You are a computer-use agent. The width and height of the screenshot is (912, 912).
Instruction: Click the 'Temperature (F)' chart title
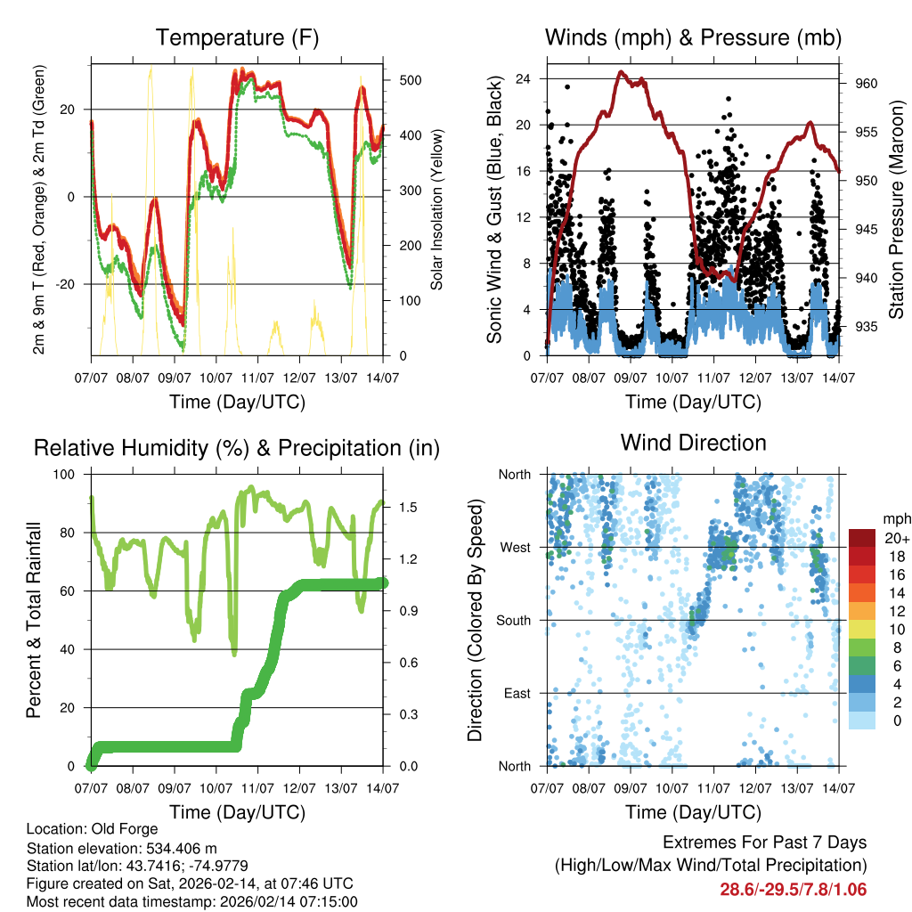tap(237, 37)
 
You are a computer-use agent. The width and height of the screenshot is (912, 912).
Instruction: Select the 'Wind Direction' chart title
tap(693, 442)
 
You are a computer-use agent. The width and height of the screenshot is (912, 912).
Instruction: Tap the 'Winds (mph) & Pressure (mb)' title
tap(693, 37)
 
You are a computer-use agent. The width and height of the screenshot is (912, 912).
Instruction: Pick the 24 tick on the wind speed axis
tap(524, 78)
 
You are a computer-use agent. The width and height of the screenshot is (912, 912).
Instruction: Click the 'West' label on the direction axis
tap(515, 547)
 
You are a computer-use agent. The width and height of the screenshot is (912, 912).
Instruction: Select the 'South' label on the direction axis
tap(513, 620)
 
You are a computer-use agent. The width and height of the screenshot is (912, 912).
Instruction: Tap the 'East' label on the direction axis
tap(517, 693)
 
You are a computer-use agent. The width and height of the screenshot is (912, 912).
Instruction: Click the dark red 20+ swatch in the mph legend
tap(862, 538)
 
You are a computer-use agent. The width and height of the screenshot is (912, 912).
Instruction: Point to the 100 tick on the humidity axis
tap(66, 475)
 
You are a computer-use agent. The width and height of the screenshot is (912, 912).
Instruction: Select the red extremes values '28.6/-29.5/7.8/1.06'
tap(793, 889)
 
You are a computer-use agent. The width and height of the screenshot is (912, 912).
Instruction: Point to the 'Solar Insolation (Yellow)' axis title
tap(437, 210)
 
